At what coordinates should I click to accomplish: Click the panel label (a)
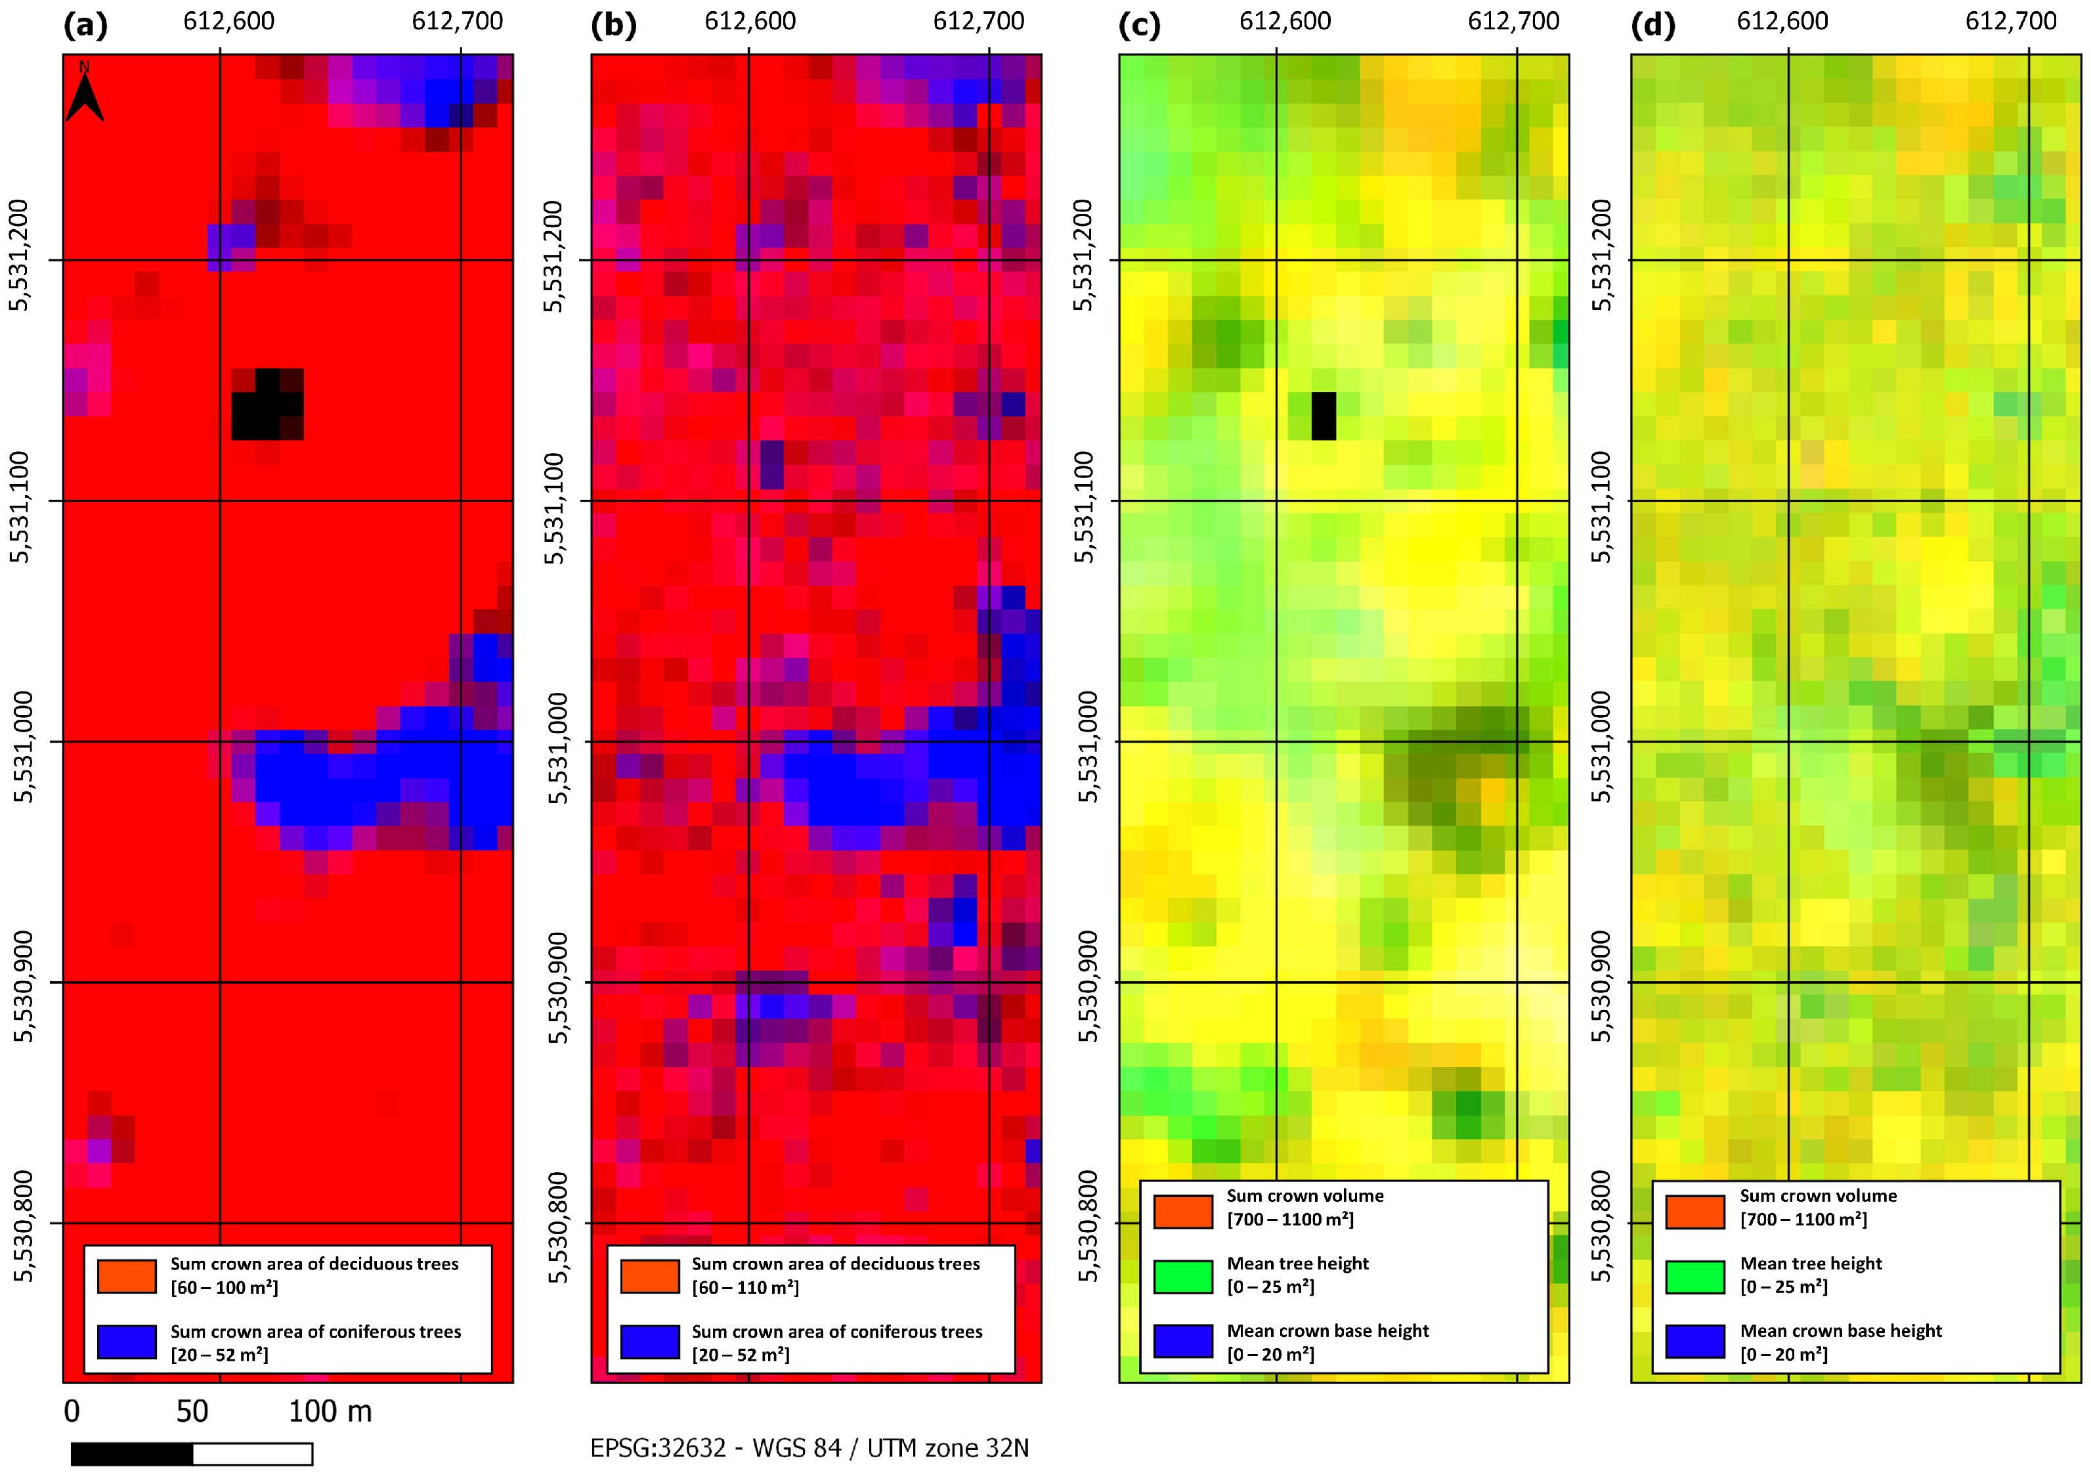pos(85,24)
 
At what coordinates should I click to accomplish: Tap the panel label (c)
pos(1139,24)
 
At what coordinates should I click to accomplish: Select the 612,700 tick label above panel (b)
pos(978,21)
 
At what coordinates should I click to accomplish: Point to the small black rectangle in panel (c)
pos(1324,416)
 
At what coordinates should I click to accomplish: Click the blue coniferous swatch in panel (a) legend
pos(127,1342)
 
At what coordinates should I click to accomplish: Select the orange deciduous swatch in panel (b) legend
pos(649,1275)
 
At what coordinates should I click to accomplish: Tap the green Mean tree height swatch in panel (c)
pos(1182,1277)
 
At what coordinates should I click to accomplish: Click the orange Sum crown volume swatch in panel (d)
pos(1695,1212)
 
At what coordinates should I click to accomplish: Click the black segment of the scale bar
pos(132,1453)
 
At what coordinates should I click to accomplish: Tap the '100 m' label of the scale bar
pos(330,1411)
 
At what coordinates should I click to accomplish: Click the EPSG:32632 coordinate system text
pos(809,1447)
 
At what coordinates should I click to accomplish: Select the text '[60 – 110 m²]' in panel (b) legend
pos(745,1287)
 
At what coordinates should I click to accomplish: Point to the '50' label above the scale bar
pos(192,1411)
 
